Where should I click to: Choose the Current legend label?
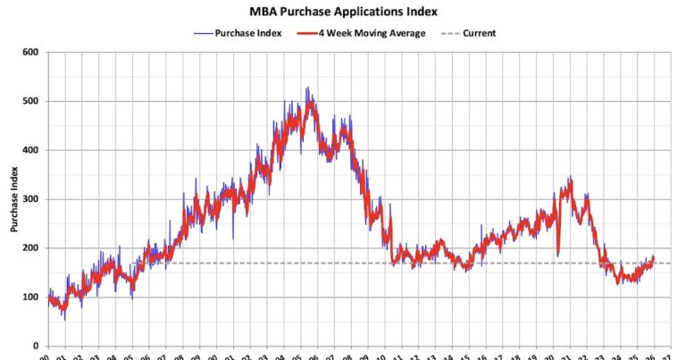pos(479,33)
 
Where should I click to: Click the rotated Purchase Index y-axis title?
pos(14,198)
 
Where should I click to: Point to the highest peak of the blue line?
pos(307,88)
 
